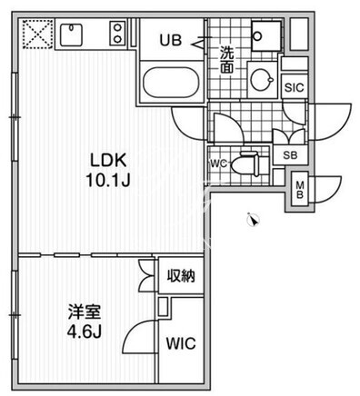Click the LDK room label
click(x=108, y=161)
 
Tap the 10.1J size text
click(x=108, y=181)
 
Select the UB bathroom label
click(x=171, y=40)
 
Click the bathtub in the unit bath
click(x=171, y=83)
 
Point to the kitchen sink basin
click(x=72, y=34)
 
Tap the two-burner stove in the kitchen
click(x=117, y=33)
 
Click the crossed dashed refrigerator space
click(x=38, y=34)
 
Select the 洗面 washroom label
click(x=226, y=60)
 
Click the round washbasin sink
click(x=262, y=79)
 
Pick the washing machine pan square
click(x=266, y=35)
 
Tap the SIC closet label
click(x=294, y=88)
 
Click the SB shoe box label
click(x=290, y=155)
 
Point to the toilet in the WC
click(x=246, y=164)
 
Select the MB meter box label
click(x=300, y=190)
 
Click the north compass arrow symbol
click(x=253, y=220)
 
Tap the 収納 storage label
click(x=181, y=276)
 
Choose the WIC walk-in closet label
click(x=181, y=343)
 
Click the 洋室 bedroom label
click(x=85, y=312)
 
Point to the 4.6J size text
click(x=85, y=332)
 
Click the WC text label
click(x=218, y=163)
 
